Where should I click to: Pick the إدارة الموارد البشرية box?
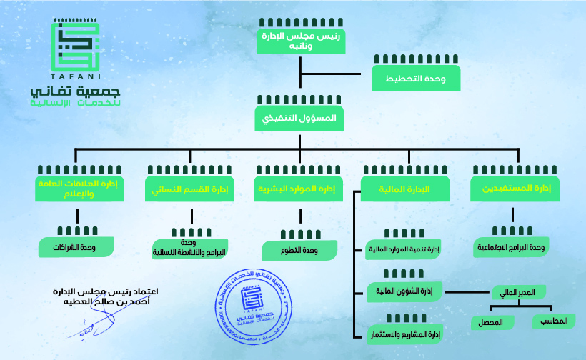coord(299,189)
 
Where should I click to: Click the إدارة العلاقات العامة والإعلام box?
coord(79,188)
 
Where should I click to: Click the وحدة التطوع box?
coord(299,250)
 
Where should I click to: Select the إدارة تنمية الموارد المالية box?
coord(404,250)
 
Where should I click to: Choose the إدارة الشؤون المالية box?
coord(404,290)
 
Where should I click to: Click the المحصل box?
coord(491,322)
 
